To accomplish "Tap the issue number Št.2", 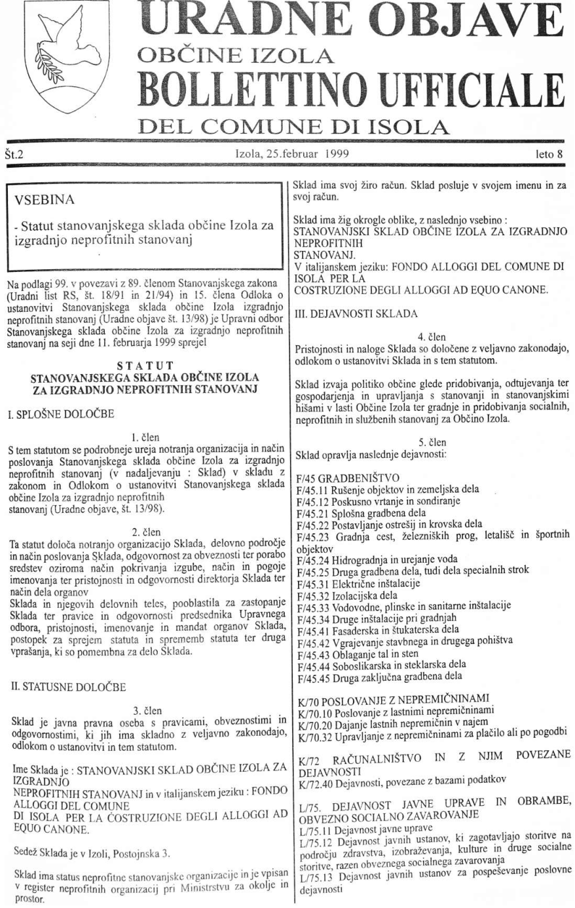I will (x=14, y=154).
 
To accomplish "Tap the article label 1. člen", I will (x=143, y=436).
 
